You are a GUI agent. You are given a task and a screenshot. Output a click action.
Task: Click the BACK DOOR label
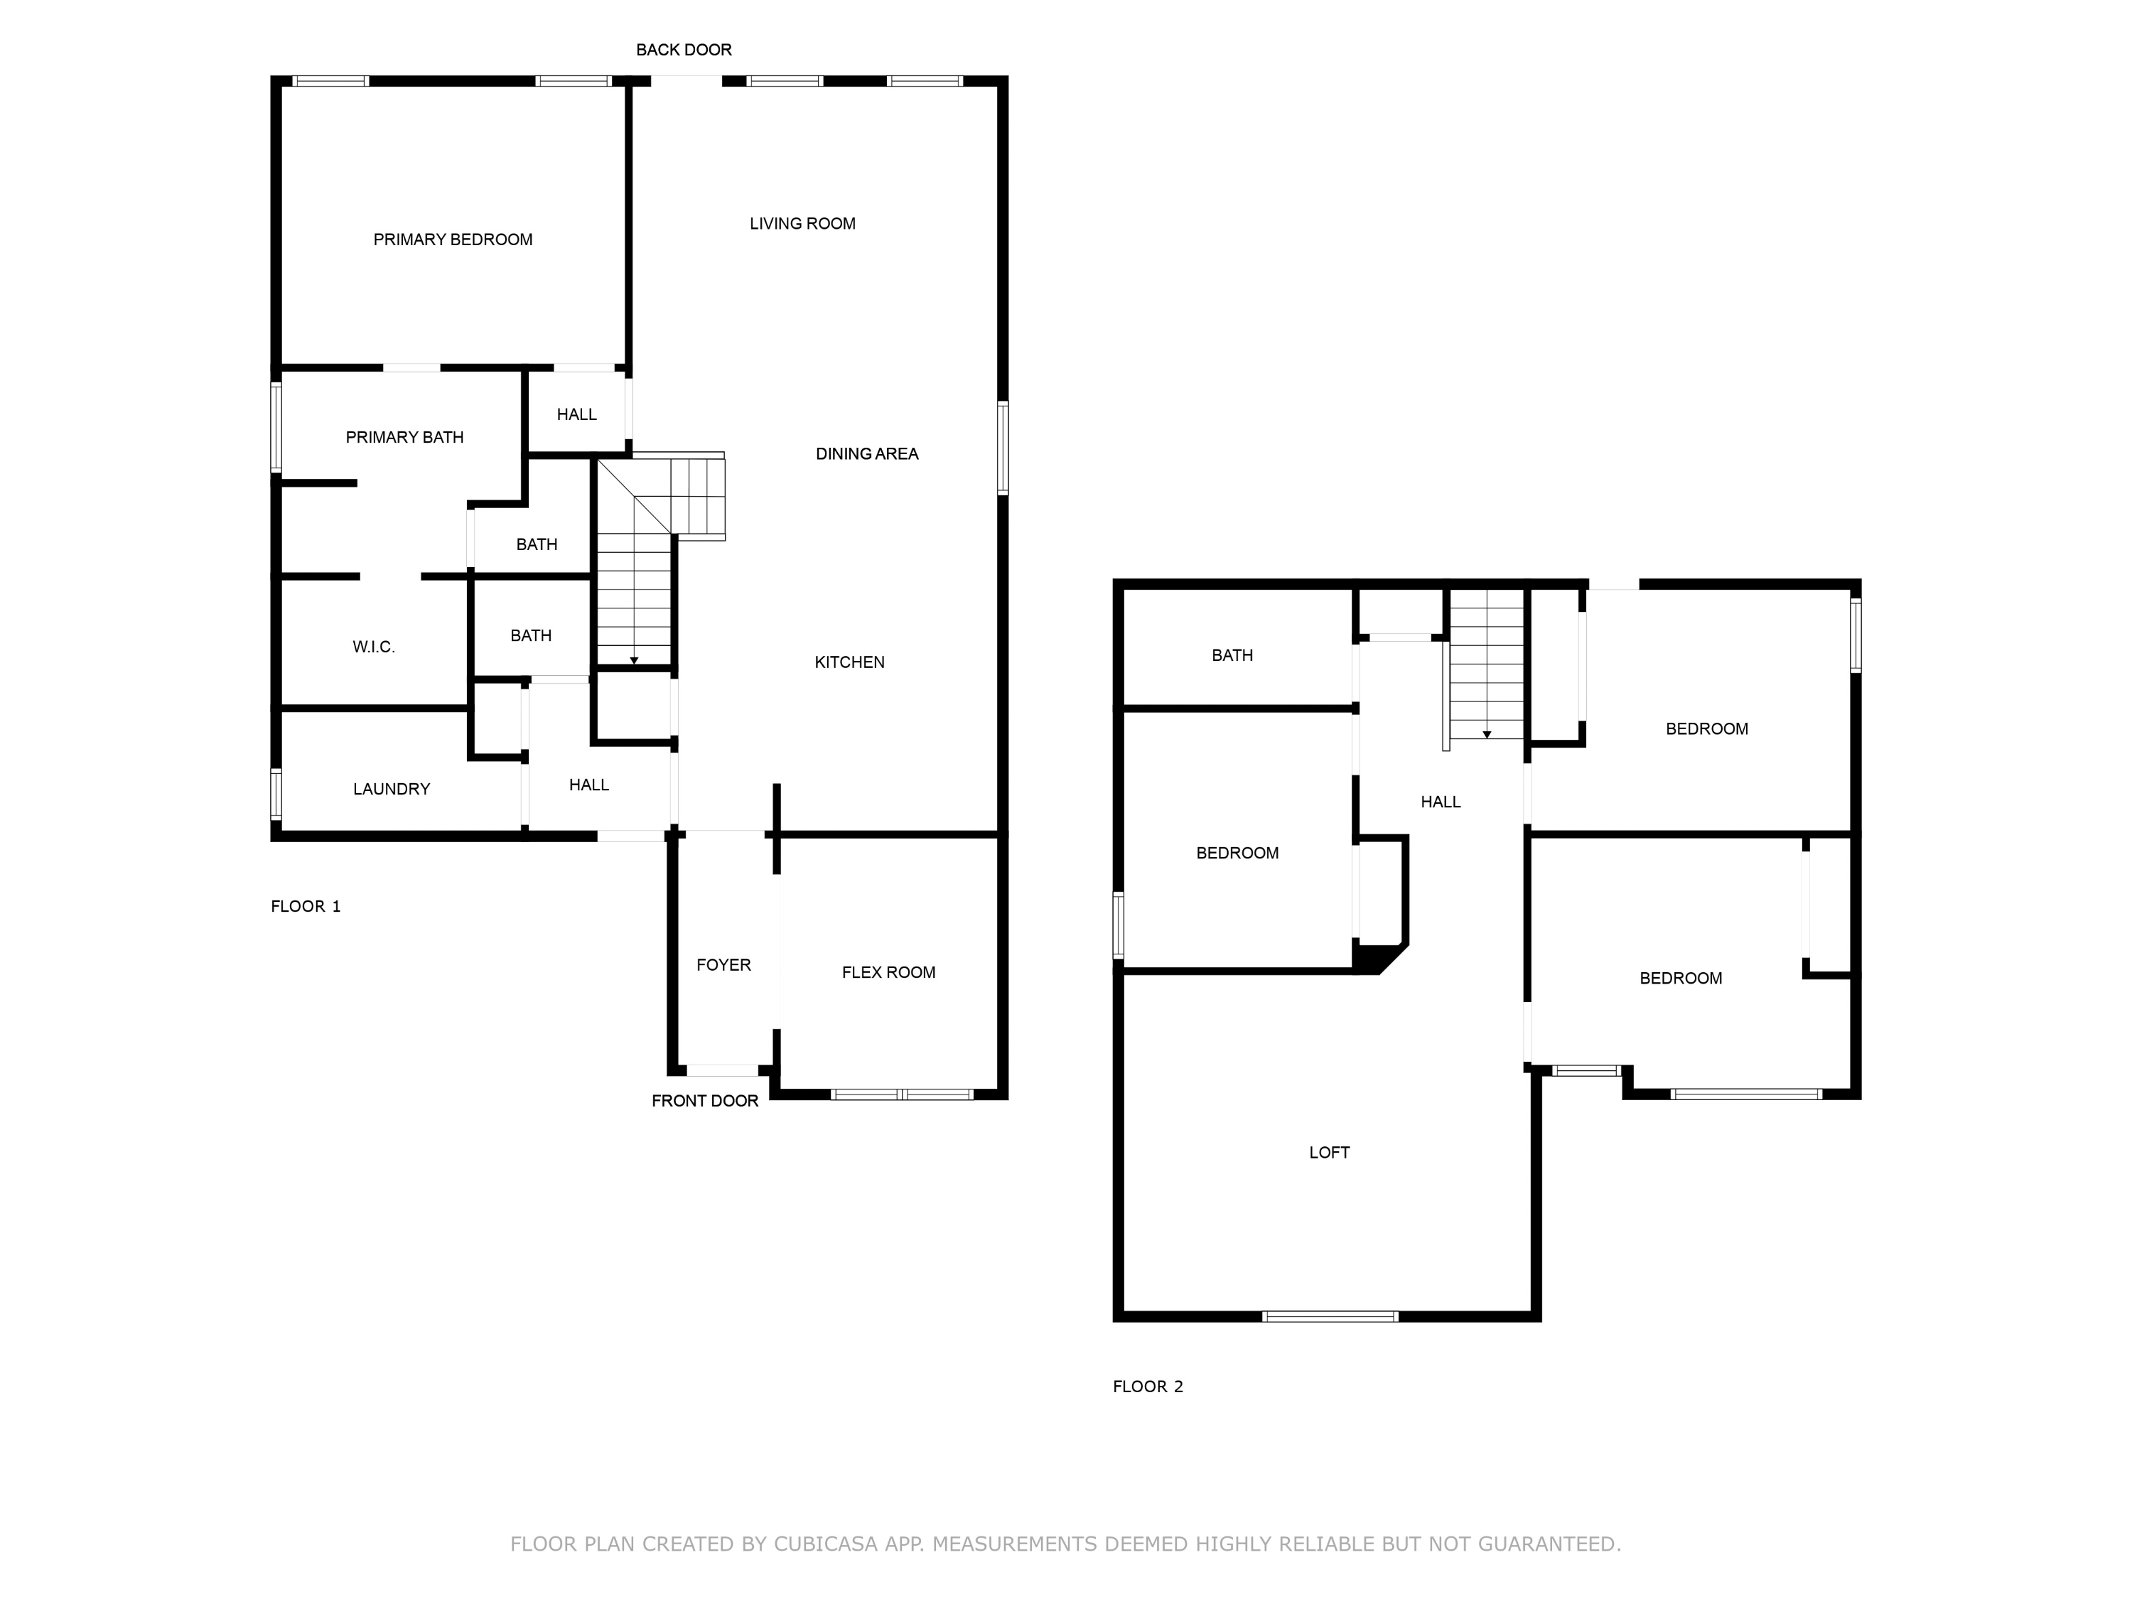[x=684, y=49]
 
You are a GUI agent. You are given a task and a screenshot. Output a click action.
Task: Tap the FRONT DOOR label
[x=704, y=1101]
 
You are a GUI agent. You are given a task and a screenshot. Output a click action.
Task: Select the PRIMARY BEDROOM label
[x=452, y=239]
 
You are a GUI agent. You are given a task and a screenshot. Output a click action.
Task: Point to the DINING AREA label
[x=866, y=453]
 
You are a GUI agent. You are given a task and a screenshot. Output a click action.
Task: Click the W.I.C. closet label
[x=373, y=647]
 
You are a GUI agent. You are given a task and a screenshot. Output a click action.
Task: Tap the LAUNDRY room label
[x=392, y=788]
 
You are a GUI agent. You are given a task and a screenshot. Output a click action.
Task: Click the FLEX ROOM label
[x=888, y=972]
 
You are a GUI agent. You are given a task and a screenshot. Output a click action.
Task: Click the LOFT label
[x=1328, y=1152]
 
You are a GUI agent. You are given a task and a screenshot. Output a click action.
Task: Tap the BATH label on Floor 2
[x=1232, y=655]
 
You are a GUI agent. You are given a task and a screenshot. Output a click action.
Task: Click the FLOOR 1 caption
[x=306, y=906]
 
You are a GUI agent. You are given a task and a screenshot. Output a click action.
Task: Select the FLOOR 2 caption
[x=1147, y=1386]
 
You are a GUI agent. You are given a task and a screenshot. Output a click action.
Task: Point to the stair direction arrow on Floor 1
[x=633, y=660]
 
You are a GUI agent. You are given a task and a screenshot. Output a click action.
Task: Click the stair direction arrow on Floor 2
[x=1486, y=734]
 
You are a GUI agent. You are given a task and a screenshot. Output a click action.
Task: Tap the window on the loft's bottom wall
[x=1329, y=1315]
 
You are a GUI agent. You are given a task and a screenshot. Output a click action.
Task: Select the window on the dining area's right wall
[x=1002, y=448]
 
